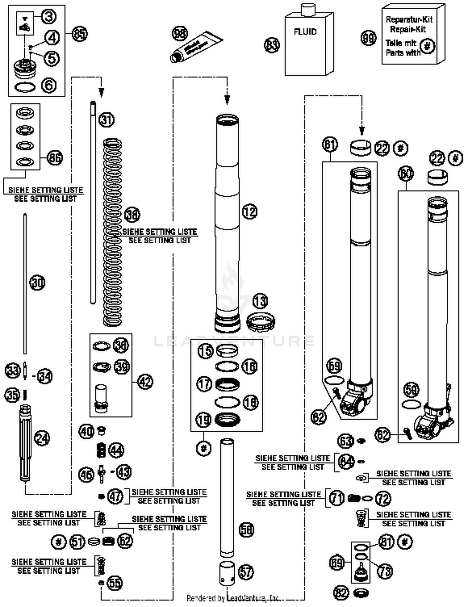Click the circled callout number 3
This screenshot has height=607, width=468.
click(49, 17)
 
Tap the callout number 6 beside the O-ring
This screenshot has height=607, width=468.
click(49, 85)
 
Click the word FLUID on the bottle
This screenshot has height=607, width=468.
click(305, 32)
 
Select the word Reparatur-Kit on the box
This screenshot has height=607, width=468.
click(409, 20)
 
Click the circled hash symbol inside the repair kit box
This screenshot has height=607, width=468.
click(427, 47)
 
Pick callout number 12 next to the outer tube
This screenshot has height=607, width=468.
click(250, 212)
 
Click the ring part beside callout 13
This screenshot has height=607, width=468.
click(261, 322)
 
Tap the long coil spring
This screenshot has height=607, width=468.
click(112, 233)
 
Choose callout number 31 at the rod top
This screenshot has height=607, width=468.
click(106, 120)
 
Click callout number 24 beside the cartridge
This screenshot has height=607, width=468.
click(42, 438)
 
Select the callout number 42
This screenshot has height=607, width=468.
click(145, 382)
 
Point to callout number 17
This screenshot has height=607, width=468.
click(204, 384)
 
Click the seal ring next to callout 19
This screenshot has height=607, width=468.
click(228, 419)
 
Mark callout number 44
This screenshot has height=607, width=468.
click(116, 450)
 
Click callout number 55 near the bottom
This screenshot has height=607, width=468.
click(115, 583)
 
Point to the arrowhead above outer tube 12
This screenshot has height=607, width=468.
click(227, 100)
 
